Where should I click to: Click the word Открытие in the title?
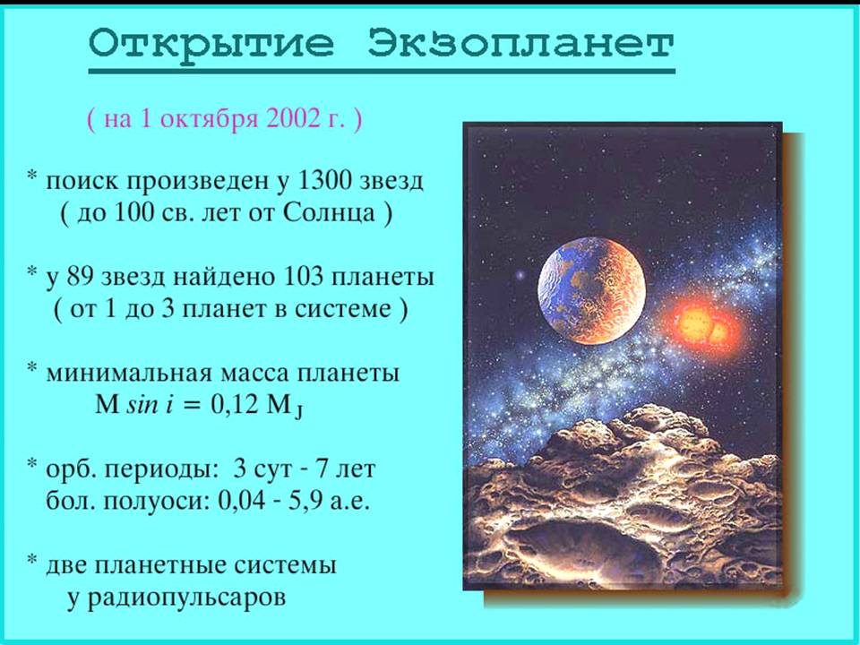211,44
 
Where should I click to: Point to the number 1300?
324,180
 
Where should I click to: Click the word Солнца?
329,213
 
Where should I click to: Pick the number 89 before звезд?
81,277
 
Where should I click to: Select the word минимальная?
129,374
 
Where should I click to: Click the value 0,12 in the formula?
234,405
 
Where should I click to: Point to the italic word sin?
142,405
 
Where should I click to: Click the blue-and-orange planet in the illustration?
591,290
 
